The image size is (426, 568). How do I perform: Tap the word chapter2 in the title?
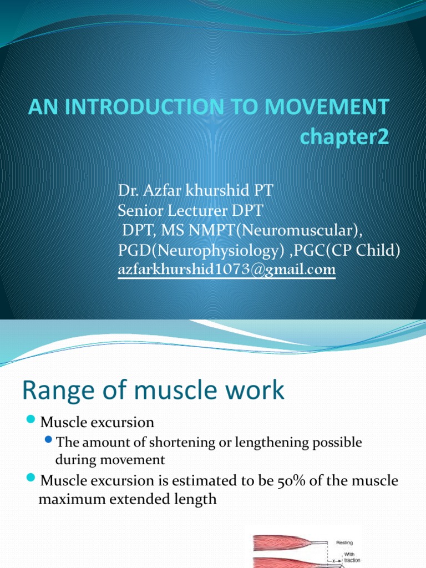[x=344, y=136]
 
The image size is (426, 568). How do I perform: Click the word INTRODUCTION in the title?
[x=149, y=106]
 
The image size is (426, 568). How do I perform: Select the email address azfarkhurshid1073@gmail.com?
[x=226, y=270]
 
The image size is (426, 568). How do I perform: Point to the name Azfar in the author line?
[x=161, y=191]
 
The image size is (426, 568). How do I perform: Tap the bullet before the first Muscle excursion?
[x=31, y=421]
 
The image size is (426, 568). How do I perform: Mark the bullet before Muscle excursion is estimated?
[x=31, y=479]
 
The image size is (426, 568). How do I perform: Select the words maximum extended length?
[x=127, y=499]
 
